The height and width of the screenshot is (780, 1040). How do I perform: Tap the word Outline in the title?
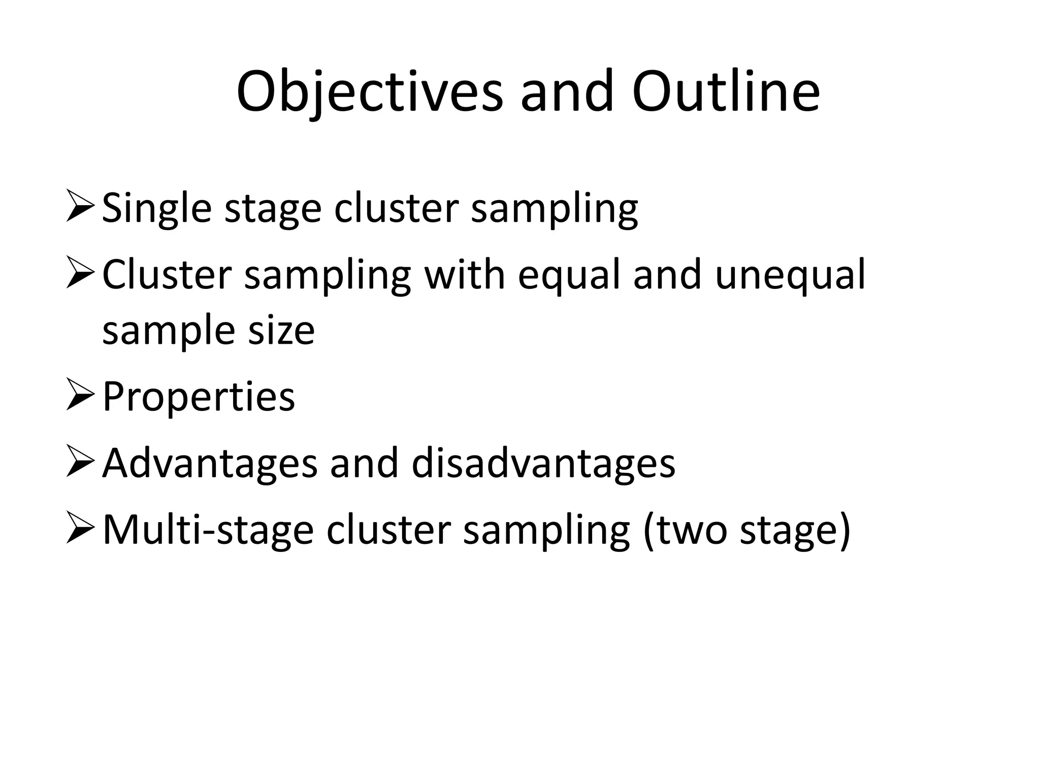(x=726, y=92)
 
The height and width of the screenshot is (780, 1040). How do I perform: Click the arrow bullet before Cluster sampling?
(x=80, y=274)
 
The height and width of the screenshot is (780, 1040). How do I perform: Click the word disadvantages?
(x=543, y=463)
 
